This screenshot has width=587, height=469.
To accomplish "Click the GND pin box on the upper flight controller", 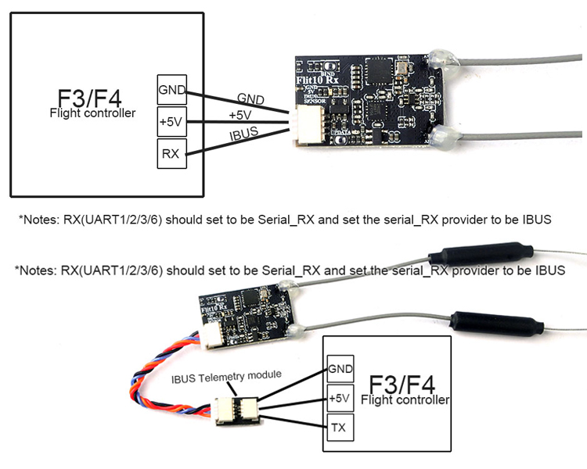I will click(171, 90).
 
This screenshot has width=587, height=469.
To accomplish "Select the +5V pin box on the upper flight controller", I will click(171, 122).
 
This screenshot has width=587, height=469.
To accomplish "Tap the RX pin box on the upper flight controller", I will click(171, 153).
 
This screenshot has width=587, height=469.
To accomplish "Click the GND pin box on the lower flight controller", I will click(340, 368).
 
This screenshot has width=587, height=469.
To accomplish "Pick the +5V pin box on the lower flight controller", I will click(340, 398).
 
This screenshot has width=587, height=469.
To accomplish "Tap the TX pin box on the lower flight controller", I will click(340, 428).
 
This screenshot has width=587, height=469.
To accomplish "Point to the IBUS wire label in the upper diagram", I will click(245, 134).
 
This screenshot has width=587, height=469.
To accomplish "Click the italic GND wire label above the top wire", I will click(250, 98).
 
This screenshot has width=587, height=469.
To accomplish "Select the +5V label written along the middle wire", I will click(240, 115).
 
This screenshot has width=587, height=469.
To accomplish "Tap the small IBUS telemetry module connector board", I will click(235, 409).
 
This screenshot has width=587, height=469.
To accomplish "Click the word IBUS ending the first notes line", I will click(538, 220).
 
